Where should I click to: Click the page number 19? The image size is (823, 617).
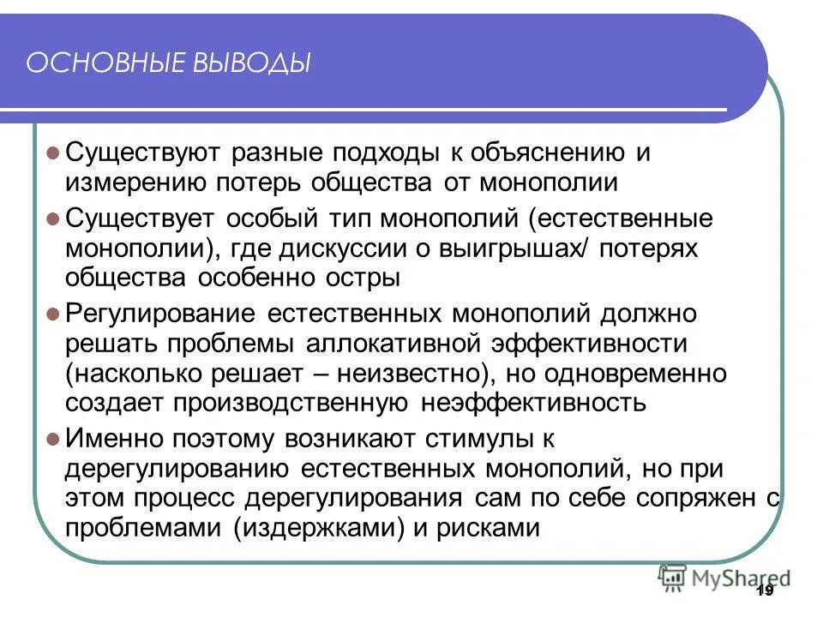click(766, 590)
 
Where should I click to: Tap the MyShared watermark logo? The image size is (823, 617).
click(724, 578)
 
